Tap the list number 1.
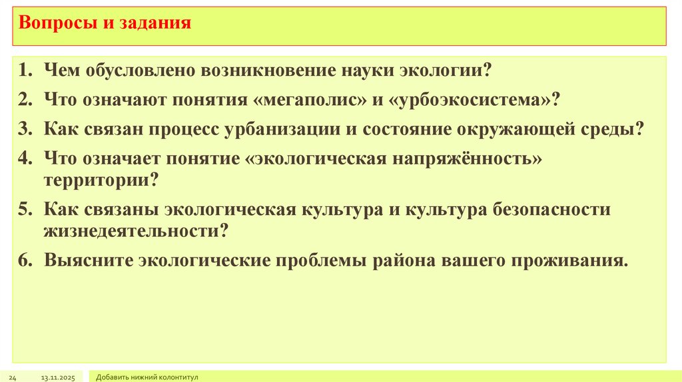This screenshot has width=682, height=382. (26, 70)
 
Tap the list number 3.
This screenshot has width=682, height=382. (26, 128)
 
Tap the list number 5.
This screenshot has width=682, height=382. (26, 210)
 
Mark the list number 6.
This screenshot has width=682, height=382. (26, 260)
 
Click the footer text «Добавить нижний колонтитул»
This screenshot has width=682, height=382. (147, 377)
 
